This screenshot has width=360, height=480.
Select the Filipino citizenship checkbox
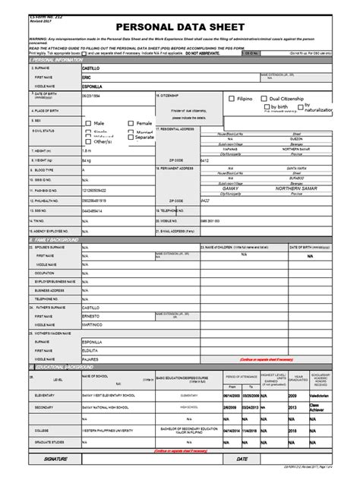point(231,99)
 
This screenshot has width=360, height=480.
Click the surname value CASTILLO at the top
point(93,69)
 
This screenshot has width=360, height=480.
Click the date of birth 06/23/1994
point(92,96)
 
